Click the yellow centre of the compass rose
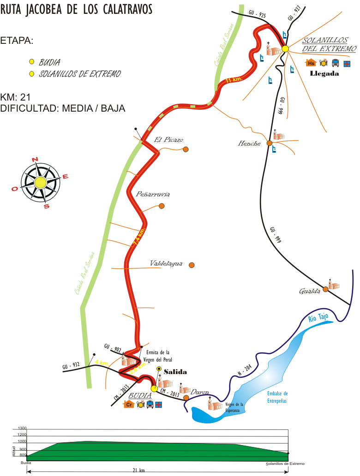click(x=40, y=182)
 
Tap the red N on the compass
click(x=35, y=160)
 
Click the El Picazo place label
click(x=168, y=140)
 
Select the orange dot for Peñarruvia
click(x=162, y=206)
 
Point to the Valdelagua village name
click(x=166, y=264)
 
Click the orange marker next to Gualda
click(x=325, y=289)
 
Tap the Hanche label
click(x=249, y=144)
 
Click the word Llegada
click(x=325, y=73)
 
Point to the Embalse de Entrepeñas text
click(x=277, y=397)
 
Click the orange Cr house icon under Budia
click(x=129, y=405)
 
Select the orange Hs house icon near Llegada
click(x=311, y=63)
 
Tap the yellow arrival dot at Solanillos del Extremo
click(x=285, y=48)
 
